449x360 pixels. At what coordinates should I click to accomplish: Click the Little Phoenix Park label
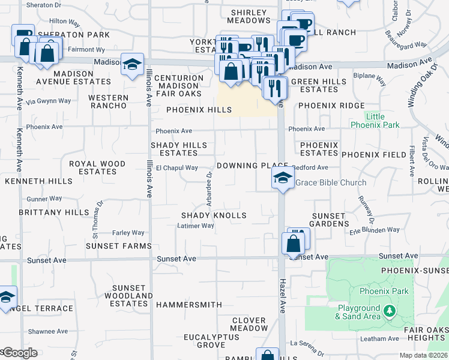375,121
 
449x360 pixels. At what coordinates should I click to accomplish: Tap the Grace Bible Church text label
331,182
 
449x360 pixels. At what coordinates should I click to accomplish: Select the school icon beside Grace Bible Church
282,178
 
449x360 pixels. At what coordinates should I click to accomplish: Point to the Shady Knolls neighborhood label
214,215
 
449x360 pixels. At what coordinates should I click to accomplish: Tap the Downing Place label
253,166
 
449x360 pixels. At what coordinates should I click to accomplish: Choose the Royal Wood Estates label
97,167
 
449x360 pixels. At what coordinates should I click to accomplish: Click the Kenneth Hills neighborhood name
38,181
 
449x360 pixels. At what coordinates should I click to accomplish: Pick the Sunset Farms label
118,246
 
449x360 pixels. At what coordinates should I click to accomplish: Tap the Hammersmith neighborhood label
188,305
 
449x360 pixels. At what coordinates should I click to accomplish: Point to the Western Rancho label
108,101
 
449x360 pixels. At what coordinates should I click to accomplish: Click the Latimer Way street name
196,226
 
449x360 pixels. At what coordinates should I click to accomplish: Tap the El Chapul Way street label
177,168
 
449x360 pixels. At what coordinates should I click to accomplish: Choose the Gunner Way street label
44,199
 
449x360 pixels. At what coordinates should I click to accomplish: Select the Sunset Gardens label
329,220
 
